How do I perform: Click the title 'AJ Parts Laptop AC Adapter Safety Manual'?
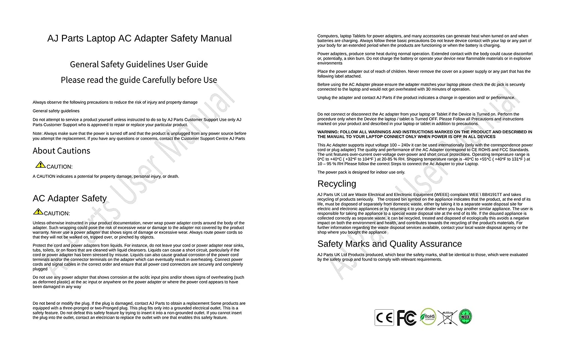[x=139, y=38]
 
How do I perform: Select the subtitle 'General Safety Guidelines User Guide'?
[x=139, y=64]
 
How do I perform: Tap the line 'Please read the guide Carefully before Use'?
[x=139, y=80]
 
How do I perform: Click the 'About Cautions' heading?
[x=62, y=151]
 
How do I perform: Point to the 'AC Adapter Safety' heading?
[x=69, y=198]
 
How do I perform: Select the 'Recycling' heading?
[x=337, y=184]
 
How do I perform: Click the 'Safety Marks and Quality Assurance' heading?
[x=390, y=244]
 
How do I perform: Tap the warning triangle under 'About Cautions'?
[x=40, y=164]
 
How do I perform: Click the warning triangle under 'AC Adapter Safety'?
[x=38, y=211]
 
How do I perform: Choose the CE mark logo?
[x=384, y=318]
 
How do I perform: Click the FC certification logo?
[x=406, y=318]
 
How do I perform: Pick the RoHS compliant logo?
[x=428, y=317]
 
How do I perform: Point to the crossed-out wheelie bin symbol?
[x=447, y=318]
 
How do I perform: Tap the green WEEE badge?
[x=465, y=317]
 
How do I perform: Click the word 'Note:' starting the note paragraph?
[x=38, y=134]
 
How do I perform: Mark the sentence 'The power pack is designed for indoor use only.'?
[x=361, y=172]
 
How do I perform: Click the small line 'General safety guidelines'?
[x=56, y=111]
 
